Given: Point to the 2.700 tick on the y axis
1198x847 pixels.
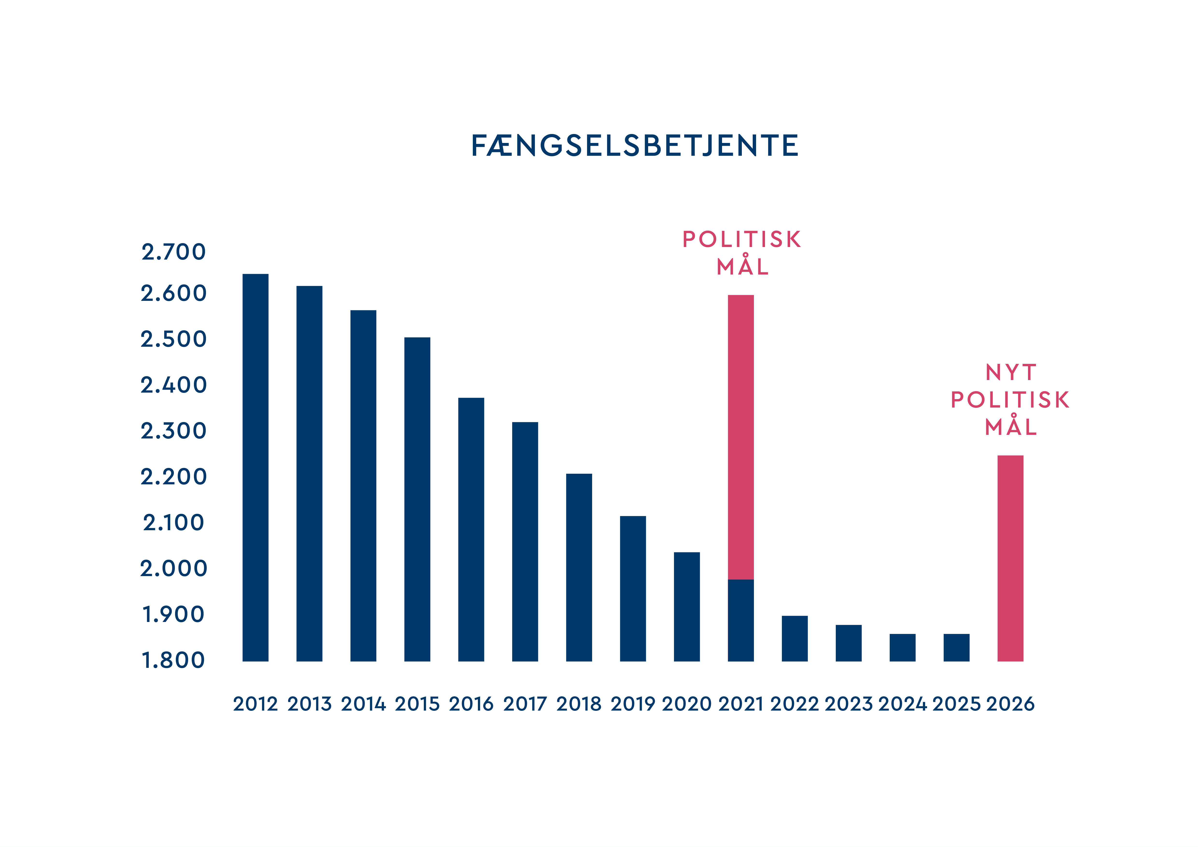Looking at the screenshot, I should pyautogui.click(x=174, y=252).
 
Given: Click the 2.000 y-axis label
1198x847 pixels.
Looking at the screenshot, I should pyautogui.click(x=174, y=569).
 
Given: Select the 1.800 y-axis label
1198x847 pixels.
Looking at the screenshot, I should pyautogui.click(x=174, y=660).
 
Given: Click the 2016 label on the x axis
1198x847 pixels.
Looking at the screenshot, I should pyautogui.click(x=471, y=704).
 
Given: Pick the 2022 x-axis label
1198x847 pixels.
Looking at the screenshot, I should pyautogui.click(x=795, y=704).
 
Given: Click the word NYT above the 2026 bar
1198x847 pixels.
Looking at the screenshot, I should pyautogui.click(x=1011, y=372).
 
